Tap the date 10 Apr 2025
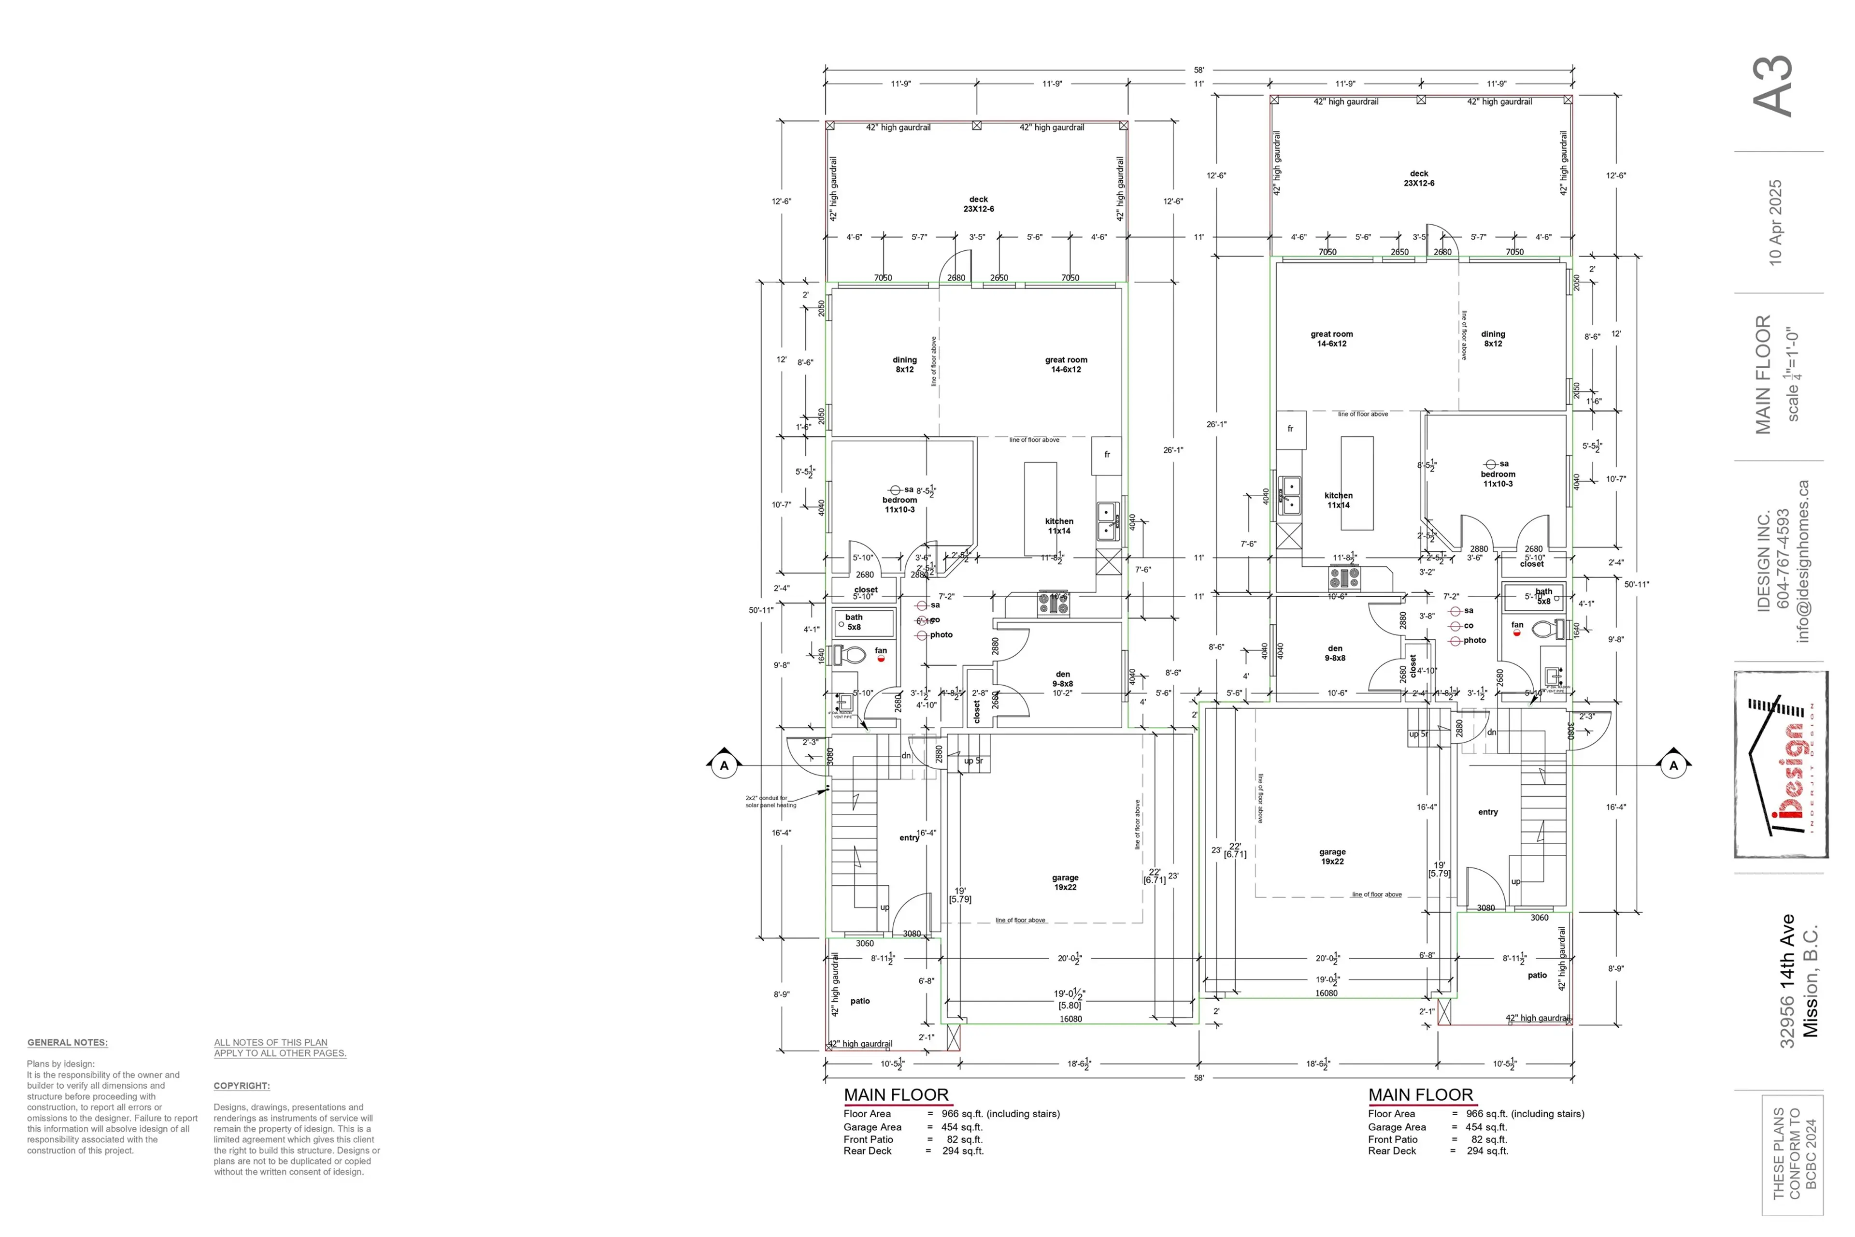click(1774, 222)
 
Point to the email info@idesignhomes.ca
click(1802, 561)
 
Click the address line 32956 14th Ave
click(1787, 980)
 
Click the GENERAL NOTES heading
click(68, 1042)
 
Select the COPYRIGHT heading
click(242, 1086)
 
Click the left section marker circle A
click(724, 765)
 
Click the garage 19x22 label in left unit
click(1065, 882)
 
